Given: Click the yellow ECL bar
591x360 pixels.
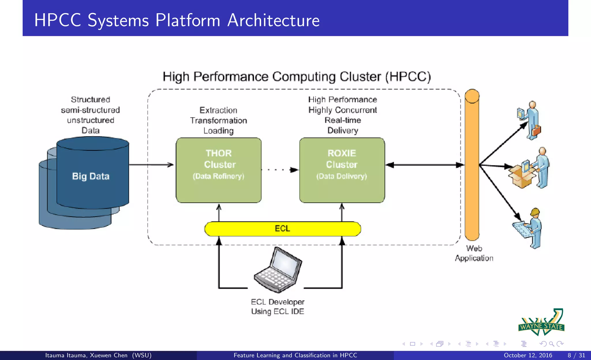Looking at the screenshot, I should pos(282,229).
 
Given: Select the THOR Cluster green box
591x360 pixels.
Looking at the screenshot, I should pos(218,170).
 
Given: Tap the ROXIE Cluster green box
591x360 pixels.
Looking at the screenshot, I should pos(342,170).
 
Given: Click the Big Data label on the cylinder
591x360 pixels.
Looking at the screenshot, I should pos(91,176).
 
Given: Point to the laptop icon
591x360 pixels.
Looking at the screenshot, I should pos(278,270).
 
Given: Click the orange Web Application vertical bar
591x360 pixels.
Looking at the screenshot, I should pos(472,164).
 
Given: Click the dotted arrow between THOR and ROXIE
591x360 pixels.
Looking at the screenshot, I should pos(279,170).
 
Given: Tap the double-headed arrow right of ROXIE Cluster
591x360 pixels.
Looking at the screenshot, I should pos(424,165).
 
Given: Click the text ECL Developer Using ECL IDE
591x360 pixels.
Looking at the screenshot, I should pos(278,307).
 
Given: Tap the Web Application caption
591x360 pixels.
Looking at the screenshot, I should pos(474,253).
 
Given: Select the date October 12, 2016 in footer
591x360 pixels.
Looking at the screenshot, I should pos(528,355).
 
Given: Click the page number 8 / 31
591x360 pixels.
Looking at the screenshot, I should pos(576,355).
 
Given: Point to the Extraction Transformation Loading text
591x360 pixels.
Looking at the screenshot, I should pos(218,120).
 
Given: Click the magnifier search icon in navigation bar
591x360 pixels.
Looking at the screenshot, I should pos(551,344).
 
